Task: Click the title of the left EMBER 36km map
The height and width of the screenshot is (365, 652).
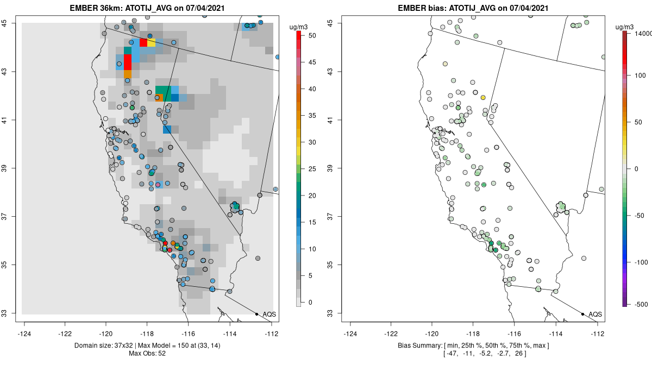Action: (x=147, y=8)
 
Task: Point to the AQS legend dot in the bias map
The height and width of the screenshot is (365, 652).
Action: (x=582, y=314)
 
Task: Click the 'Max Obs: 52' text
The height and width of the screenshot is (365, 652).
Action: (x=147, y=354)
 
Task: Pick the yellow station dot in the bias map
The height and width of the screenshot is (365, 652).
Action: (x=482, y=97)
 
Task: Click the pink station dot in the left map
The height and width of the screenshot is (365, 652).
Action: (x=158, y=185)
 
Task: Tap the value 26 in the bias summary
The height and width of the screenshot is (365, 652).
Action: (x=523, y=354)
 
